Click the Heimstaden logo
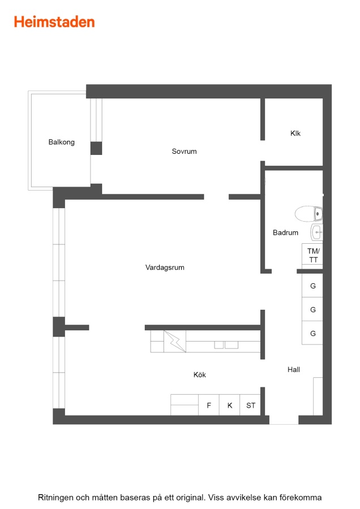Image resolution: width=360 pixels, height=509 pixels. click(54, 22)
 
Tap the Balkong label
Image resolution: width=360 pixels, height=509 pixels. click(61, 142)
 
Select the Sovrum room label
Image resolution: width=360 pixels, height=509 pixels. click(184, 151)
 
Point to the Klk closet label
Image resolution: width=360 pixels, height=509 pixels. click(295, 133)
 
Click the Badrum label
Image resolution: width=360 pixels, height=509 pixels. click(286, 232)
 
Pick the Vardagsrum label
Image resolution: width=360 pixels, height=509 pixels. click(165, 268)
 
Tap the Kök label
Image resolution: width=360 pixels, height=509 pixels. click(199, 374)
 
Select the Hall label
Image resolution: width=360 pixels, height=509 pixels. click(294, 369)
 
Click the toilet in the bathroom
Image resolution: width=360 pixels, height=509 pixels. click(308, 214)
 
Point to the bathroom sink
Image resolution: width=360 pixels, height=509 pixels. click(317, 232)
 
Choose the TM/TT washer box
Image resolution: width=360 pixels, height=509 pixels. click(312, 256)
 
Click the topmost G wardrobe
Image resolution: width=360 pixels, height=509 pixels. click(312, 286)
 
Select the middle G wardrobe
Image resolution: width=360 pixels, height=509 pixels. click(312, 309)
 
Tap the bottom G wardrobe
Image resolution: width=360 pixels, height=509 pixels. click(312, 333)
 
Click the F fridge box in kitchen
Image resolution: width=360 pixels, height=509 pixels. click(209, 405)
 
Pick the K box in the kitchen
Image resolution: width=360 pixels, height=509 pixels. click(230, 405)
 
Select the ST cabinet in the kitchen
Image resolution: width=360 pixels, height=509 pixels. click(250, 405)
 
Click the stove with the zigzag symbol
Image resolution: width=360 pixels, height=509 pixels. click(175, 342)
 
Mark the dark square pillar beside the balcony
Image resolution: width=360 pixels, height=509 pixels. click(96, 148)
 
